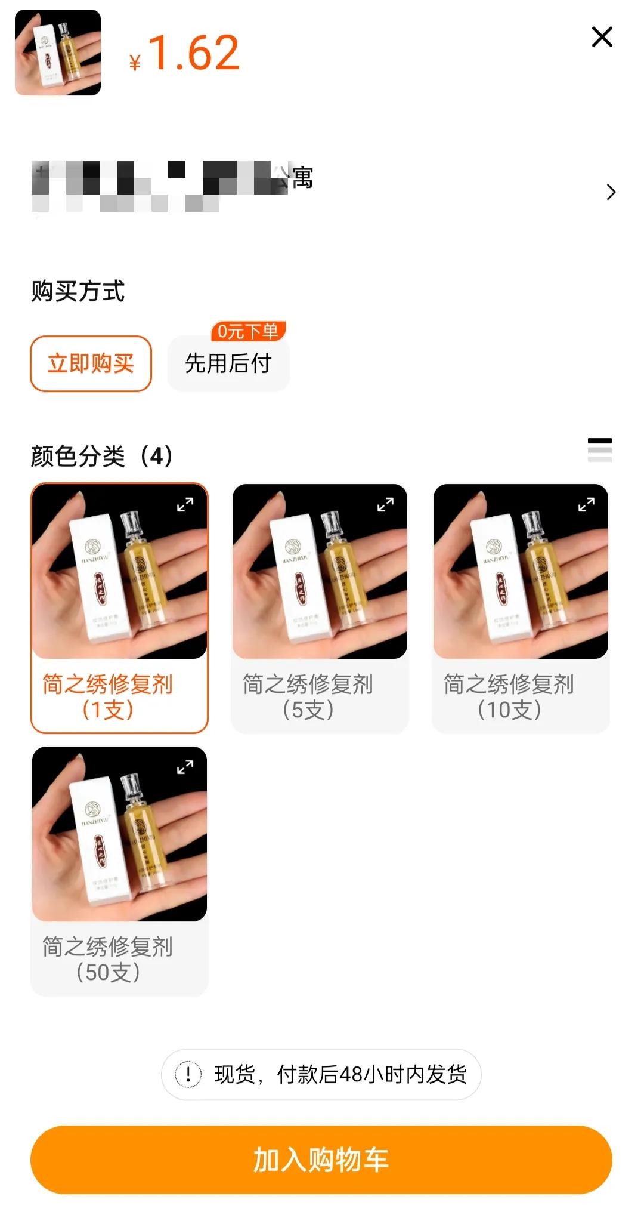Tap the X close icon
pos(602,37)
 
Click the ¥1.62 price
pos(185,54)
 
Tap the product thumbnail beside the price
pos(58,53)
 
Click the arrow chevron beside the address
pos(611,192)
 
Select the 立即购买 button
pos(91,363)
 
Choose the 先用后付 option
pos(228,363)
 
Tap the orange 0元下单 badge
pos(248,331)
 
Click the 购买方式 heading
pos(78,291)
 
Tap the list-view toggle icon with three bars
pos(599,450)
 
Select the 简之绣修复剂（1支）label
pos(108,696)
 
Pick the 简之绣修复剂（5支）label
pos(308,696)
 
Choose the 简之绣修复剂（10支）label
pos(509,696)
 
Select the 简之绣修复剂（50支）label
pos(108,959)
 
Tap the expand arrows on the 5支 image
pos(385,505)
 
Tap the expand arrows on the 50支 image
pos(185,767)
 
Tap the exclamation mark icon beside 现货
pos(188,1075)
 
